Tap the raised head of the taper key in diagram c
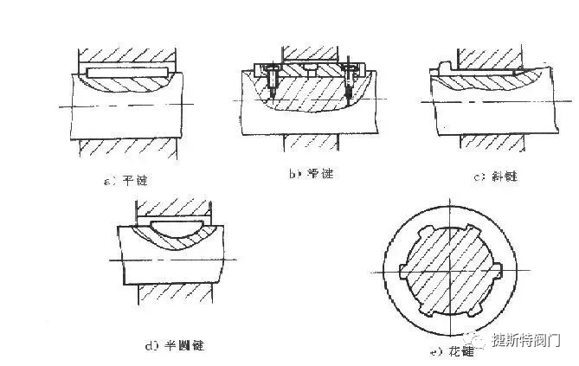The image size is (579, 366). tap(445, 67)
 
